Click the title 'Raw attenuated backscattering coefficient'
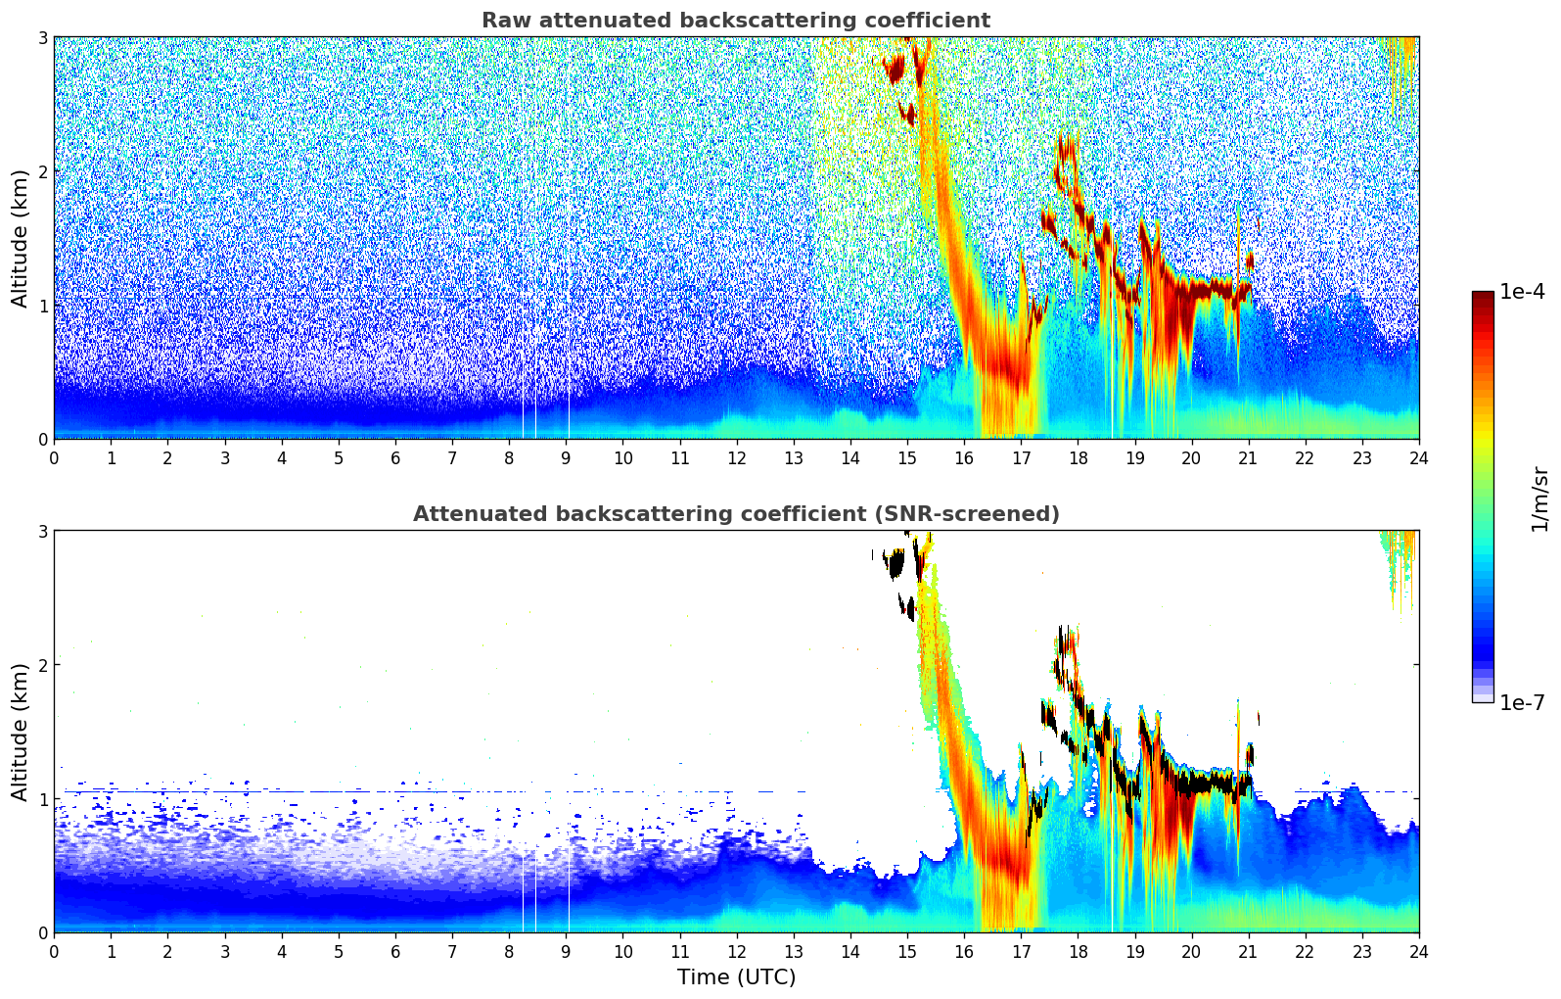(735, 21)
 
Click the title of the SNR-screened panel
(735, 514)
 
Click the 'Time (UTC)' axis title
(736, 977)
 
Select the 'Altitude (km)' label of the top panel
(21, 238)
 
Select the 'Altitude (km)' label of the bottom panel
(21, 732)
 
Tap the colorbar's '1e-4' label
(1522, 292)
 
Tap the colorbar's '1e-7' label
(1522, 702)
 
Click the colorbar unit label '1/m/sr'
(1540, 498)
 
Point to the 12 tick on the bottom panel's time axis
(736, 951)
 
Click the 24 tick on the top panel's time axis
(1418, 457)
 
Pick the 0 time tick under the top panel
(54, 457)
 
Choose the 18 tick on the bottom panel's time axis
(1078, 951)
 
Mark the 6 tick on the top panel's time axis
(395, 457)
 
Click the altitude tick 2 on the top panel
(43, 171)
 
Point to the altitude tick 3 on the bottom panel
(43, 531)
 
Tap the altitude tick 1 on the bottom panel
(43, 799)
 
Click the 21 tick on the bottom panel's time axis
(1248, 951)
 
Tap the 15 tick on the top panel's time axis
(907, 457)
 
